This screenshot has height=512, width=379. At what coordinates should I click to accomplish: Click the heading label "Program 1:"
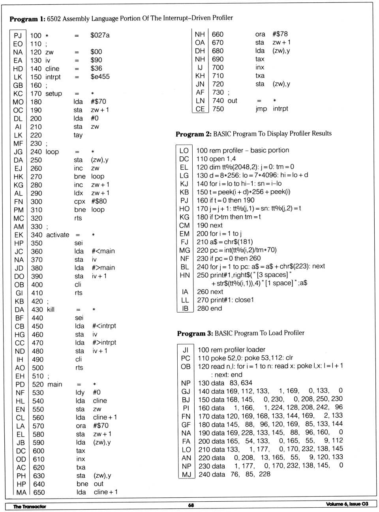click(27, 19)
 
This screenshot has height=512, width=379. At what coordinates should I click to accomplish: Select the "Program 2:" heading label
click(193, 134)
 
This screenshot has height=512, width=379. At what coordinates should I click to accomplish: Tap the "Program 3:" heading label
click(195, 334)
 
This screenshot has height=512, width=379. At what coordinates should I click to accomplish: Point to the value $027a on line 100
click(100, 35)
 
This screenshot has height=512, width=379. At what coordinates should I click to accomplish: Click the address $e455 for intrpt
click(100, 77)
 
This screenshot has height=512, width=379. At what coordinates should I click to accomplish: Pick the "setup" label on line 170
click(54, 94)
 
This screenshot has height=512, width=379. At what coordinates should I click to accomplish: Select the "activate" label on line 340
click(58, 235)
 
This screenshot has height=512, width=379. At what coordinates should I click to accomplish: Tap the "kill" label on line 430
click(51, 309)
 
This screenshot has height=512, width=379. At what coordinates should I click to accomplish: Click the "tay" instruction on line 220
click(78, 135)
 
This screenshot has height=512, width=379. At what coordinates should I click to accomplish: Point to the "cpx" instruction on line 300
click(80, 201)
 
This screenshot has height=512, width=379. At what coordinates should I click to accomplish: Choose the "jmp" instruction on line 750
click(261, 109)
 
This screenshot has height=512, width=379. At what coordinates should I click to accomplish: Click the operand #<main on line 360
click(103, 251)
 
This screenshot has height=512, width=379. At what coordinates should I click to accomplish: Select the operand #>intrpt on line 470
click(104, 343)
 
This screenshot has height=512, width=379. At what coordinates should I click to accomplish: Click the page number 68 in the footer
click(191, 505)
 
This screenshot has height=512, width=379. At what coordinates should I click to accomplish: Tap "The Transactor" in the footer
click(30, 506)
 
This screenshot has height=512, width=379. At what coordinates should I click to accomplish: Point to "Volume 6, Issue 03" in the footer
click(347, 504)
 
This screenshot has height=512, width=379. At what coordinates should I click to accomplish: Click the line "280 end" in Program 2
click(209, 308)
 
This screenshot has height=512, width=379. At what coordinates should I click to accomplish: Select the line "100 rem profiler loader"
click(231, 350)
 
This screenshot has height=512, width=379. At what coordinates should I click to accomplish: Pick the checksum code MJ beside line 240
click(186, 474)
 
